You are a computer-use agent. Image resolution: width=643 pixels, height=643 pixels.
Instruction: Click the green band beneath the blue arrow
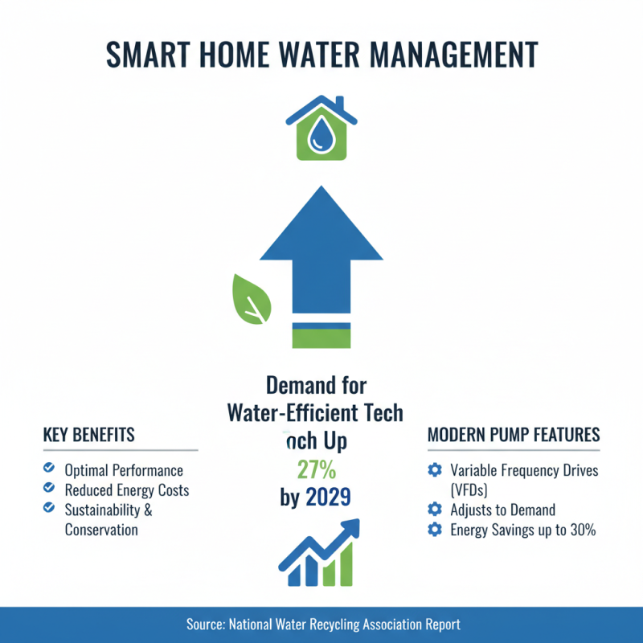pos(321,336)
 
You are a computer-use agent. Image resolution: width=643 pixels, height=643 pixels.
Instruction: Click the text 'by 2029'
pos(316,498)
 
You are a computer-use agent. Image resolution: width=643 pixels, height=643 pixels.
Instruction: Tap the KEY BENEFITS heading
pos(88,435)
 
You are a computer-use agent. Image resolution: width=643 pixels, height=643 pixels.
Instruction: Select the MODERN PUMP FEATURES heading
pos(514,435)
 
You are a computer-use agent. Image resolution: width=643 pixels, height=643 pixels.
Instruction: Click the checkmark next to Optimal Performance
pos(48,469)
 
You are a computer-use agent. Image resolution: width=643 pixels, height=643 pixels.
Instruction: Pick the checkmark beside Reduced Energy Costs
pos(48,489)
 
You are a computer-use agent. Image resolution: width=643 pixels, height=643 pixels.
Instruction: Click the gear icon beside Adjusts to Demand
pos(435,510)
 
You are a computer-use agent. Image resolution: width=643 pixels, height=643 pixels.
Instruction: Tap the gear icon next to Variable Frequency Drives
pos(435,470)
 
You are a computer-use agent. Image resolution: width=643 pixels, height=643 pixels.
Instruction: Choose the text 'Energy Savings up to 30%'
pos(523,530)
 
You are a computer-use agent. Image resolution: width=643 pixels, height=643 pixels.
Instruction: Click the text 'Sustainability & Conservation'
pos(108,519)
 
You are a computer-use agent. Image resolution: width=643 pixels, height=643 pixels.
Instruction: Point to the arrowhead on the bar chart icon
pos(351,527)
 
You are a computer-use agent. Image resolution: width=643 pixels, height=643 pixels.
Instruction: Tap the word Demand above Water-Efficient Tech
pos(316,385)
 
